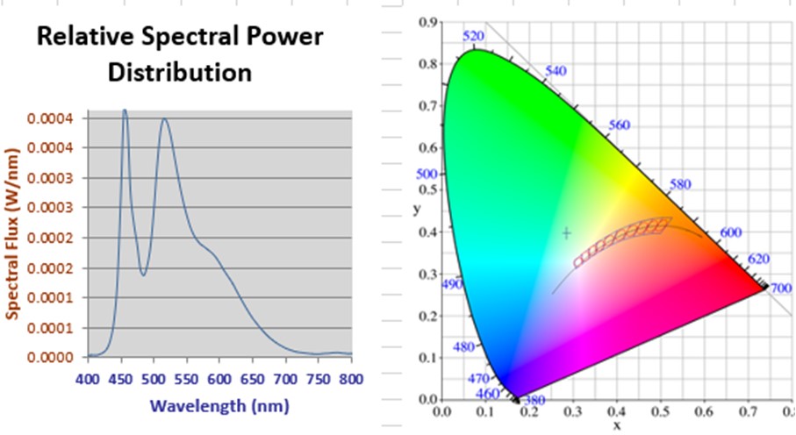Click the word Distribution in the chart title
pyautogui.click(x=180, y=71)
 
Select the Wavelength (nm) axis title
pyautogui.click(x=219, y=406)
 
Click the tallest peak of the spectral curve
pyautogui.click(x=125, y=111)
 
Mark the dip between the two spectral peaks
pyautogui.click(x=144, y=275)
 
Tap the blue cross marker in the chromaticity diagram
pyautogui.click(x=567, y=233)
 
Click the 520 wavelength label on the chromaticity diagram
pyautogui.click(x=473, y=36)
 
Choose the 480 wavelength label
pyautogui.click(x=463, y=347)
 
